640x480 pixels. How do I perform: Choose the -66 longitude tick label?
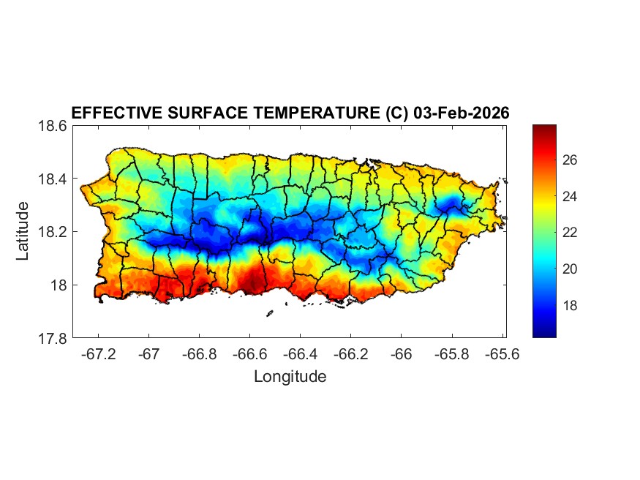(402, 354)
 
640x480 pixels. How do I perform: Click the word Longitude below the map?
(290, 377)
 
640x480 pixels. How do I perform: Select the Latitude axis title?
(23, 231)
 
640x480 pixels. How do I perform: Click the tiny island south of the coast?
(269, 314)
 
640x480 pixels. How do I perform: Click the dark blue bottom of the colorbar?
(543, 333)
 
